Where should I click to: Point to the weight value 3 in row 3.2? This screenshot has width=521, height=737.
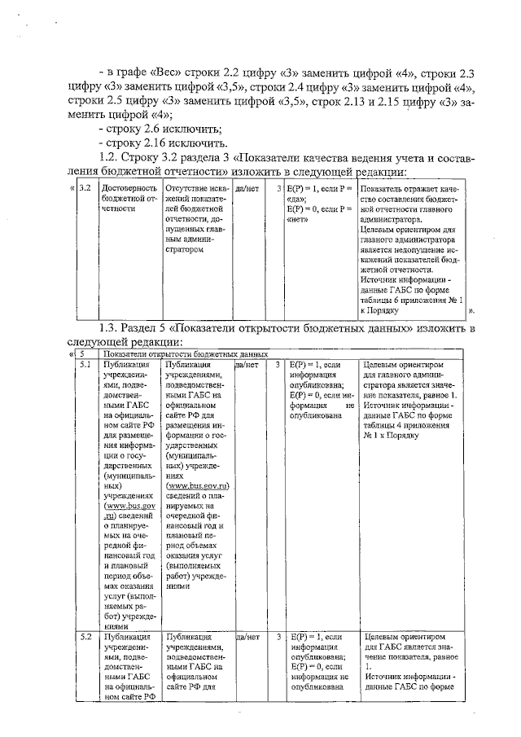click(x=278, y=189)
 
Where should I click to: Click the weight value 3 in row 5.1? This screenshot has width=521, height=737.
click(x=278, y=366)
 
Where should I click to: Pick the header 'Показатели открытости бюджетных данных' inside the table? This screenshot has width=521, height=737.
click(x=186, y=355)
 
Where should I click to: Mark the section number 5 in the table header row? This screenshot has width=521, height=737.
click(x=84, y=355)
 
